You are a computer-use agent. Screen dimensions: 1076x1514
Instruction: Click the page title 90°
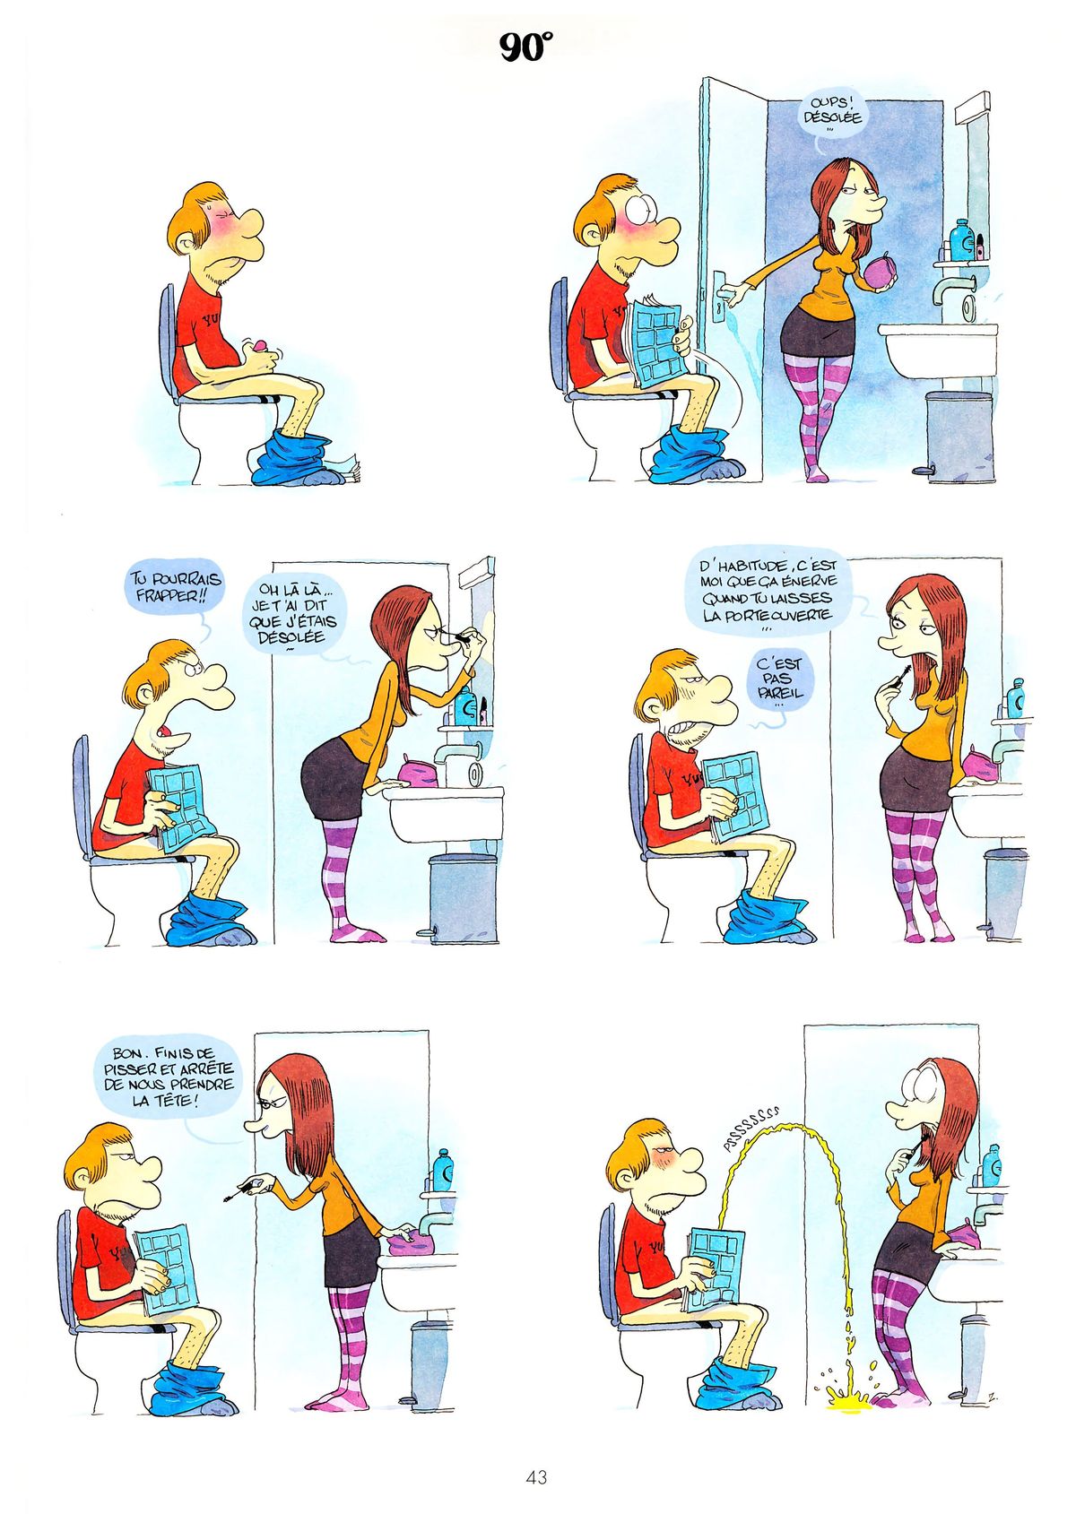(x=525, y=48)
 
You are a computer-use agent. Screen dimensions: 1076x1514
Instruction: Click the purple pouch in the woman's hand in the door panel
(x=881, y=272)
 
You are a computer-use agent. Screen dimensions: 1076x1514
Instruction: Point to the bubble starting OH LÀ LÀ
(x=295, y=614)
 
